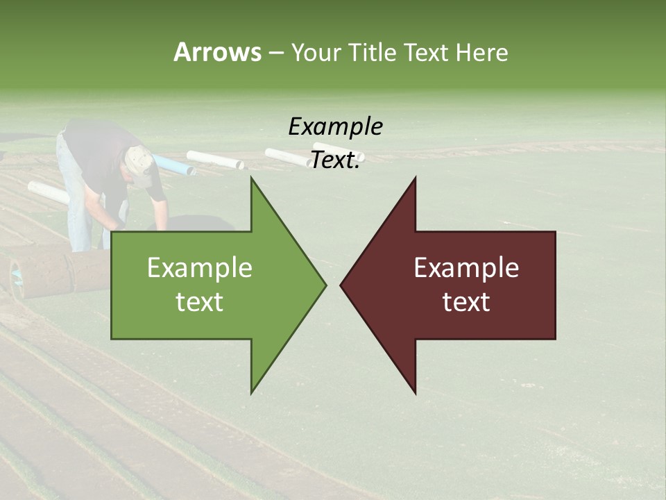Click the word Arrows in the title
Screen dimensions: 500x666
point(217,52)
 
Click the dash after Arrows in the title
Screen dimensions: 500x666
point(275,53)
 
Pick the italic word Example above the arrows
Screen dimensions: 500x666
point(335,126)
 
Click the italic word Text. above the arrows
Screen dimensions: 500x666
point(335,160)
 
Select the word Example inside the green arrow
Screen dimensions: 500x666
point(199,268)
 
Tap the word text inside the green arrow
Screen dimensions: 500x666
point(199,301)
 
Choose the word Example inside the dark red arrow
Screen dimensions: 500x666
point(466,268)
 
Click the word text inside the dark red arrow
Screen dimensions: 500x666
point(466,301)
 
